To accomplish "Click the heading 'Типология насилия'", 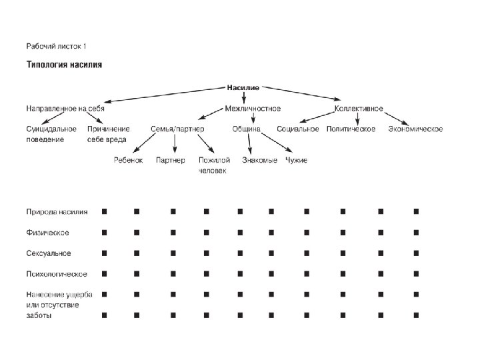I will [x=64, y=65].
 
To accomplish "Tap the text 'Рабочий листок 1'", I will [x=56, y=46].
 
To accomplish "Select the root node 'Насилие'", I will [x=243, y=87].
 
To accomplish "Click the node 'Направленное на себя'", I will [x=65, y=108].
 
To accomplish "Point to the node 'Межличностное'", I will [x=253, y=108].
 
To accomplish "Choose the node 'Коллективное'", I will [x=359, y=108].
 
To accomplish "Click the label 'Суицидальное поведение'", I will [x=51, y=134].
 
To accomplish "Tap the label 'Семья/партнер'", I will [x=177, y=129].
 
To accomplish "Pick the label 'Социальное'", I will [x=298, y=129].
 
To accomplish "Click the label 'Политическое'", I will [x=351, y=129].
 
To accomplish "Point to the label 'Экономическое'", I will [x=415, y=129].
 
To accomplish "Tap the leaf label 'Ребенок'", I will [x=128, y=160].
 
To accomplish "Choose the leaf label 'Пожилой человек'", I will [x=214, y=165].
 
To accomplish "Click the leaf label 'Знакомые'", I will [x=259, y=160].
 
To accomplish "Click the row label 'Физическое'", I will [x=47, y=233].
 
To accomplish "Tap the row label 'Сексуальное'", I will [x=48, y=253].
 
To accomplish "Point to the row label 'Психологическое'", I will [x=56, y=274].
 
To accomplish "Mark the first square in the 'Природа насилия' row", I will [x=105, y=211].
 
